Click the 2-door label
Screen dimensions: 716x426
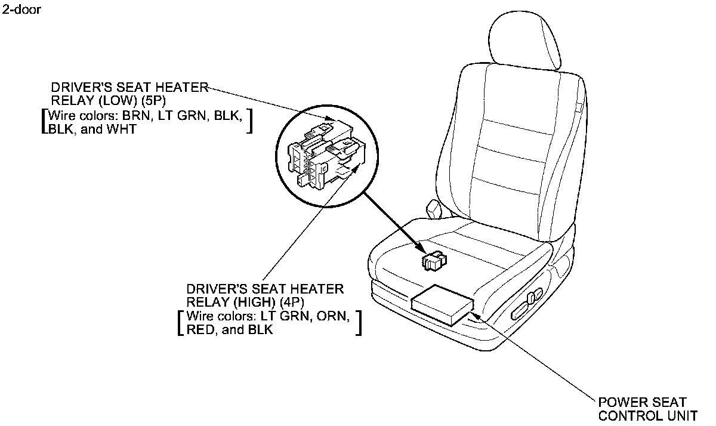tap(21, 10)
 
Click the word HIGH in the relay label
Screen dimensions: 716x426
tap(246, 302)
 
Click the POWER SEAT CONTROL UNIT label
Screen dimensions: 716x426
tap(647, 409)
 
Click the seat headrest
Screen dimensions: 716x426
tap(524, 39)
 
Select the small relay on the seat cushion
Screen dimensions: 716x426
tap(434, 260)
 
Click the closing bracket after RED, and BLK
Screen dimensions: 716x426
tap(359, 323)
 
